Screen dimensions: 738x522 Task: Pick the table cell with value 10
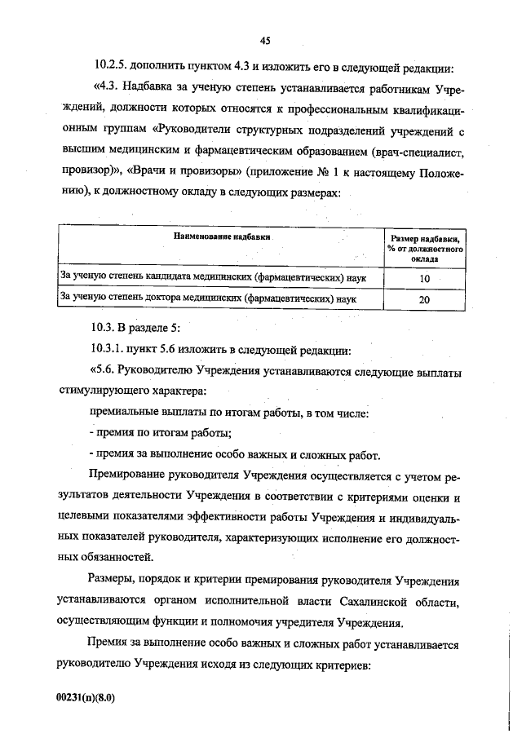424,279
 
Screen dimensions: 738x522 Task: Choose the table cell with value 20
424,299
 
